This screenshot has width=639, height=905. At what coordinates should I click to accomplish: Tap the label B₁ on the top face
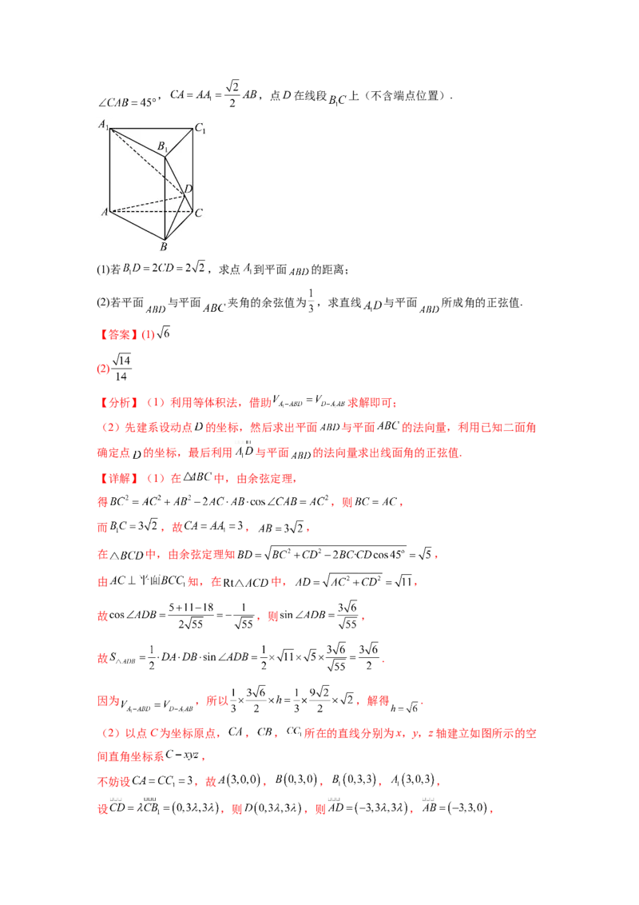tap(162, 146)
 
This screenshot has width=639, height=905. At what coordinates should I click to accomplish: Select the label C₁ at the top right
tap(200, 129)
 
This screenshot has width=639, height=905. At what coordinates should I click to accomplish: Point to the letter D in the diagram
tap(189, 189)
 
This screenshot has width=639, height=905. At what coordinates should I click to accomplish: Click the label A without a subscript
tap(104, 212)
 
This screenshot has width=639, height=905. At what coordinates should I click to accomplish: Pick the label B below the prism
tap(164, 247)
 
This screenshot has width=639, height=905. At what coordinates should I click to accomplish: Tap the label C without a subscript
tap(198, 213)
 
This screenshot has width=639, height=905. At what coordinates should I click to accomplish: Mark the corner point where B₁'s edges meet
tap(165, 156)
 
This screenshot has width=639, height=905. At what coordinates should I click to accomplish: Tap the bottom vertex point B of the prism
tap(165, 238)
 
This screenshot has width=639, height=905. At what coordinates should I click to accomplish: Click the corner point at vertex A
tap(110, 212)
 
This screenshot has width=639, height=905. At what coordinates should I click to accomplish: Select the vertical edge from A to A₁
tap(110, 169)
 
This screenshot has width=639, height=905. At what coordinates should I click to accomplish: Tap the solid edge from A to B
tap(137, 225)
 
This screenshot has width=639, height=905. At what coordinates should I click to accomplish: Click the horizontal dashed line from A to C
tap(152, 212)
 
